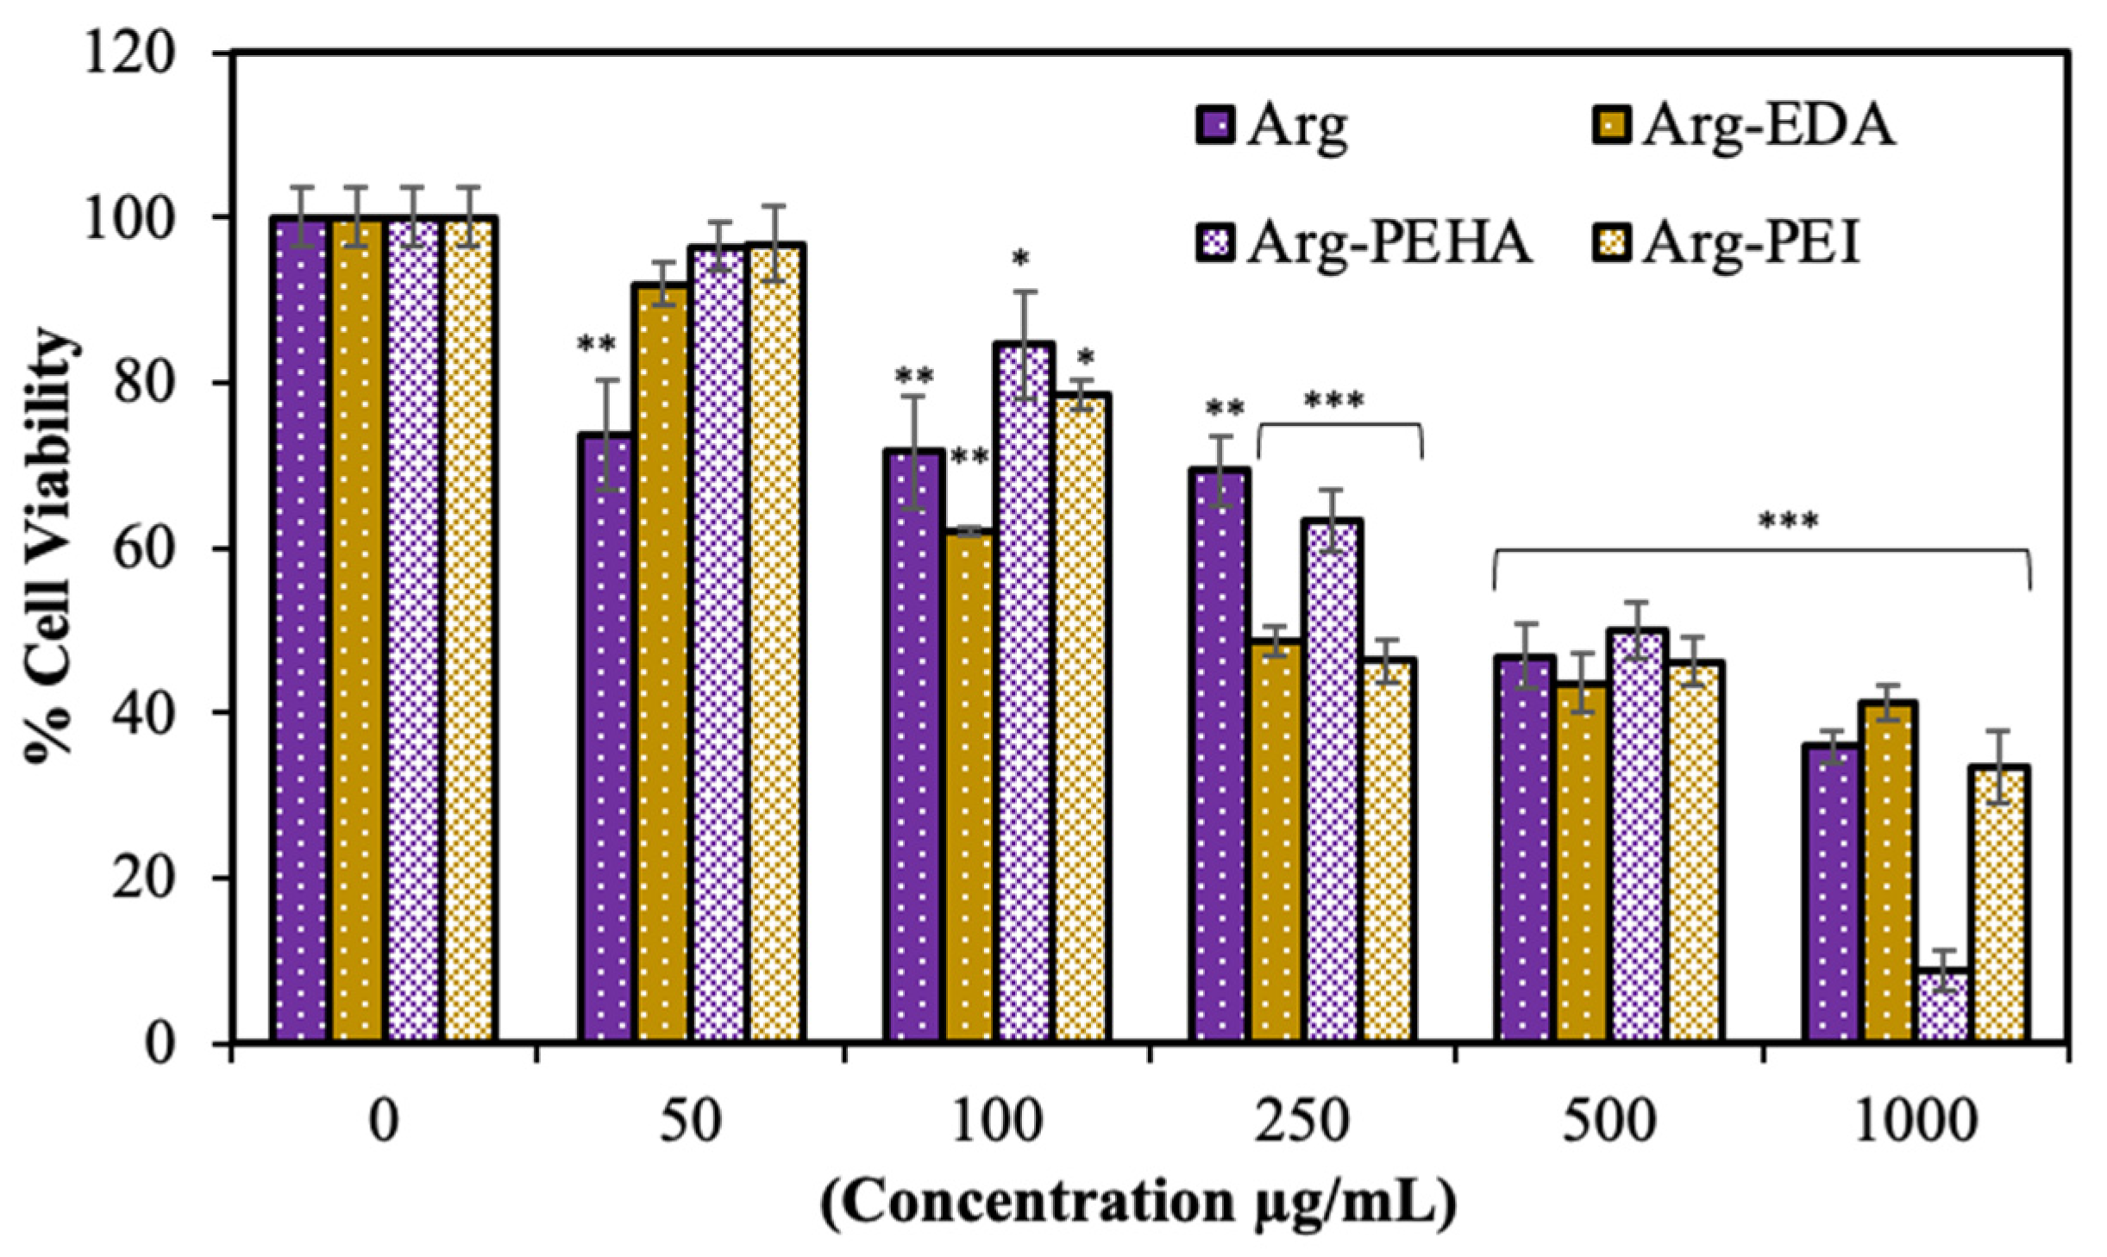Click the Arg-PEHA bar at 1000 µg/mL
tap(1944, 1006)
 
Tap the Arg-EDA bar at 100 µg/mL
tap(969, 788)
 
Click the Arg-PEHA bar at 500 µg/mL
tap(1636, 836)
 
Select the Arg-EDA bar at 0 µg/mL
tap(356, 630)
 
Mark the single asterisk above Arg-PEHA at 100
tap(1021, 258)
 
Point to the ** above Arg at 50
tap(597, 345)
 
